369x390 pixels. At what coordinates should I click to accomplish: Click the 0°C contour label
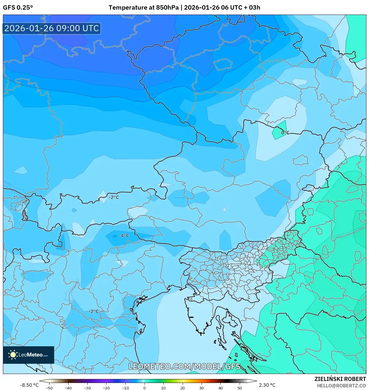[x=285, y=133]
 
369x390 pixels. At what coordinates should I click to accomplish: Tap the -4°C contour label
[x=124, y=236]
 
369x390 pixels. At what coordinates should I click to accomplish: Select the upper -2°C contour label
[x=114, y=197]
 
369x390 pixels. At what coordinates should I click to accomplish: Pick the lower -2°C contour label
[x=93, y=311]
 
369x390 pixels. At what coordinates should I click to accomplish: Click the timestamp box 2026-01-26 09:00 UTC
[x=52, y=28]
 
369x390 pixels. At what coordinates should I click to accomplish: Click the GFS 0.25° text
[x=18, y=8]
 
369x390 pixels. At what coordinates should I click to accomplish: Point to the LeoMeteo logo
[x=29, y=355]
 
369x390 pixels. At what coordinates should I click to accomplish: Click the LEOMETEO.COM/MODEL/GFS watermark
[x=184, y=366]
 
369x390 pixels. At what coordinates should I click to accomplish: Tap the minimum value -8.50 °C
[x=29, y=385]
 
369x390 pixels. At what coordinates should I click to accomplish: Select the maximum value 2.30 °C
[x=267, y=385]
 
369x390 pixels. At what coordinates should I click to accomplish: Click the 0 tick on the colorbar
[x=144, y=388]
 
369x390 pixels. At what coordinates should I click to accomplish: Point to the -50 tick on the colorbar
[x=49, y=388]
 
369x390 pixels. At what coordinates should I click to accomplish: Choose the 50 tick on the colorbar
[x=239, y=388]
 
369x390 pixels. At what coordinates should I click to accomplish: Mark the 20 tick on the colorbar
[x=182, y=388]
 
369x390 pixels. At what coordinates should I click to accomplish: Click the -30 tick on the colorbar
[x=87, y=388]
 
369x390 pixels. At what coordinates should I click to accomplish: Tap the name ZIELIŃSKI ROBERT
[x=340, y=379]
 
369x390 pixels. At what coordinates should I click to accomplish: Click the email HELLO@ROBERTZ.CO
[x=341, y=386]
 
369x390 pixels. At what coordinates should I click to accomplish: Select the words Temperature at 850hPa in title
[x=144, y=8]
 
